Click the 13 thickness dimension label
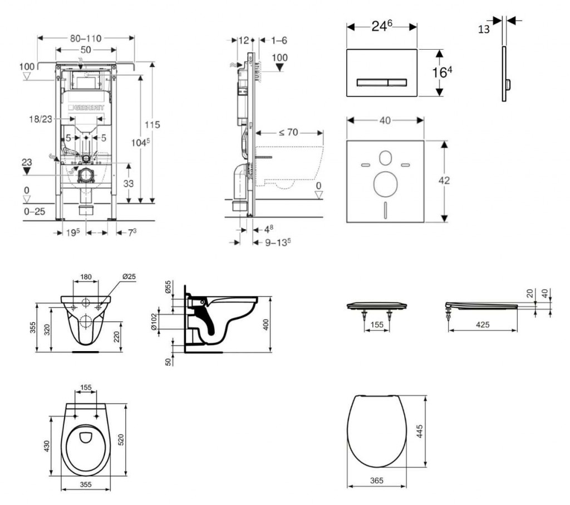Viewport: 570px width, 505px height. (x=484, y=29)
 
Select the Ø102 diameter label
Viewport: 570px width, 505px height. (x=155, y=322)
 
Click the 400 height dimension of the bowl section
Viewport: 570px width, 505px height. (x=266, y=324)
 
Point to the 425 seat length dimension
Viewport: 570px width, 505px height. (x=483, y=325)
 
